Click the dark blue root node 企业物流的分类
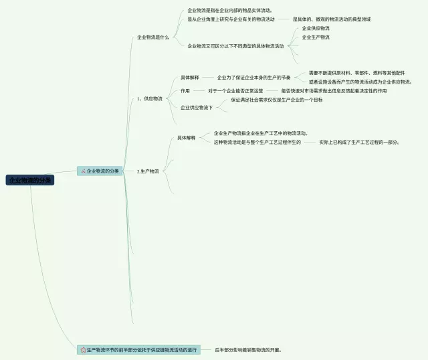(x=30, y=180)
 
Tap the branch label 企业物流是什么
(x=153, y=37)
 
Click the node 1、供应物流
(x=149, y=98)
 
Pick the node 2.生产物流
(x=148, y=171)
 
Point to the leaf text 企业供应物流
(x=316, y=28)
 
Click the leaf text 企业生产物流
(x=316, y=37)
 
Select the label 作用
(x=185, y=90)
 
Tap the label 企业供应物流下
(x=197, y=107)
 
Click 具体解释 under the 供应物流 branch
(x=189, y=78)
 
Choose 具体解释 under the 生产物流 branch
(x=187, y=137)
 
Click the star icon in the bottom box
(x=83, y=349)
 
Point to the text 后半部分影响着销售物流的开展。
(x=248, y=349)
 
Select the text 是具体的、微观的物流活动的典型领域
(x=332, y=19)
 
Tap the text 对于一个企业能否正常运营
(x=235, y=90)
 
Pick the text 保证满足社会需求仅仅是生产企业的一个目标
(x=277, y=100)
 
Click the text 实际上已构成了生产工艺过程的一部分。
(x=359, y=142)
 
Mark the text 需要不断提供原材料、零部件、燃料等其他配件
(x=356, y=72)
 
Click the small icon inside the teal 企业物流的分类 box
(x=83, y=171)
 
